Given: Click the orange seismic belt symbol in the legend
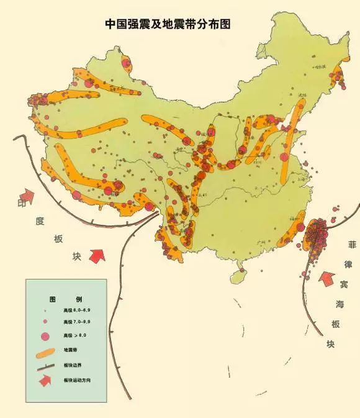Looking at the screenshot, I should pos(45,352).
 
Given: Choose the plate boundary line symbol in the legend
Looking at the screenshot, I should pos(45,366).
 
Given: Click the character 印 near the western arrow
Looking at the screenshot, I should pos(23,203).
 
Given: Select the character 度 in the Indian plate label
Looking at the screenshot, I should pos(40,220).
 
